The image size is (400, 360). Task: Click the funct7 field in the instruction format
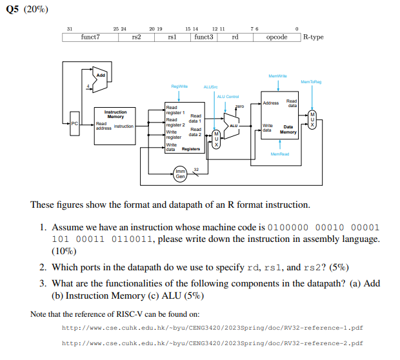coord(90,37)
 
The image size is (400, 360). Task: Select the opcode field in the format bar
coord(277,37)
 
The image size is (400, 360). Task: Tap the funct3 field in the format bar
coord(203,37)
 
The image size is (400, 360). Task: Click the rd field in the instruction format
coord(235,37)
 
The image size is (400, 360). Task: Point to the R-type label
coord(313,37)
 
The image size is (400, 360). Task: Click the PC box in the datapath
coord(75,123)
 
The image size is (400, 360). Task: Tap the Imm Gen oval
coord(181,174)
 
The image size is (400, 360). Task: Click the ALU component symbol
coord(234,123)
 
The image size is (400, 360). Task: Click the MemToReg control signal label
coord(312,81)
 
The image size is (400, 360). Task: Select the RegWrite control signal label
coord(179,85)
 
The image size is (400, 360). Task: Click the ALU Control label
coord(227,95)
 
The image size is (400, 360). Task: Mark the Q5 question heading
coord(26,9)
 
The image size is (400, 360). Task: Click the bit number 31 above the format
coord(69,28)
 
